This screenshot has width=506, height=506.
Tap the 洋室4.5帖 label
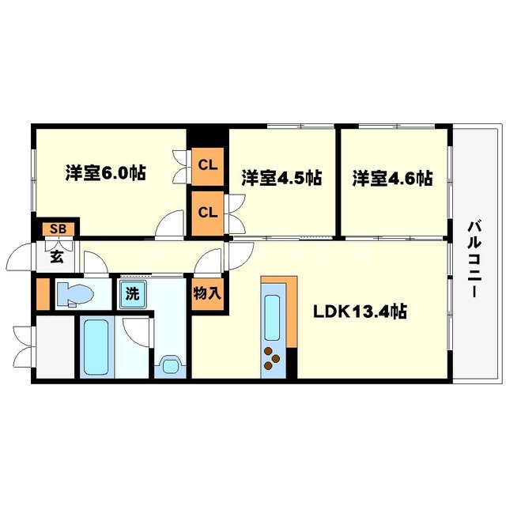(x=281, y=178)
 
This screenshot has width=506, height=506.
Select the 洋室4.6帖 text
(x=392, y=178)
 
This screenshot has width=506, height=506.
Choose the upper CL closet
(x=207, y=166)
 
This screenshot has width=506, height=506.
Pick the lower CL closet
(x=207, y=212)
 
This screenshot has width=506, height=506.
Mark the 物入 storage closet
(x=207, y=294)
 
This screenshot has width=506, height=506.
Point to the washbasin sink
(x=169, y=366)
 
